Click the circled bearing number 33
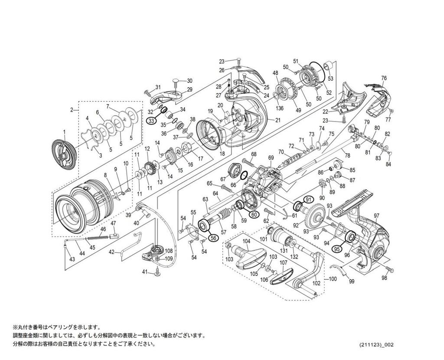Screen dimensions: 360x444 (151, 121)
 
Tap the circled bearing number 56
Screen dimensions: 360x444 (213, 237)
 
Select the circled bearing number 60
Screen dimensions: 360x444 (254, 214)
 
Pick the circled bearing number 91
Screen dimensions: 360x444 (308, 199)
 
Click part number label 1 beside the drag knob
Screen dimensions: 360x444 (64, 131)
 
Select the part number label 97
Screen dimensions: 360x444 (376, 216)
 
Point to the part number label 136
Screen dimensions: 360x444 (280, 108)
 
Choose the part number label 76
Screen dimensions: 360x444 (384, 78)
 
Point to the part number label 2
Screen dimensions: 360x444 (72, 110)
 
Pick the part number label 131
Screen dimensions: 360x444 (284, 250)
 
